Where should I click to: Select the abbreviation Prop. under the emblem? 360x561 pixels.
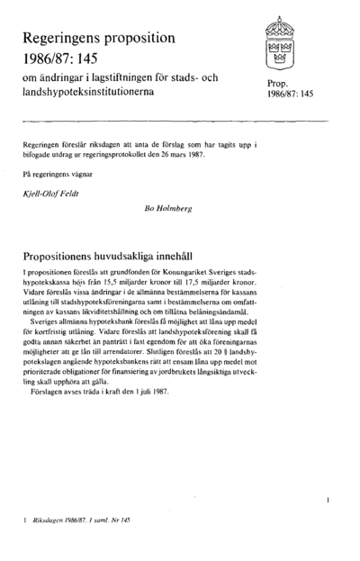[280, 83]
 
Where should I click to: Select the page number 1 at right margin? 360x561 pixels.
[329, 498]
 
